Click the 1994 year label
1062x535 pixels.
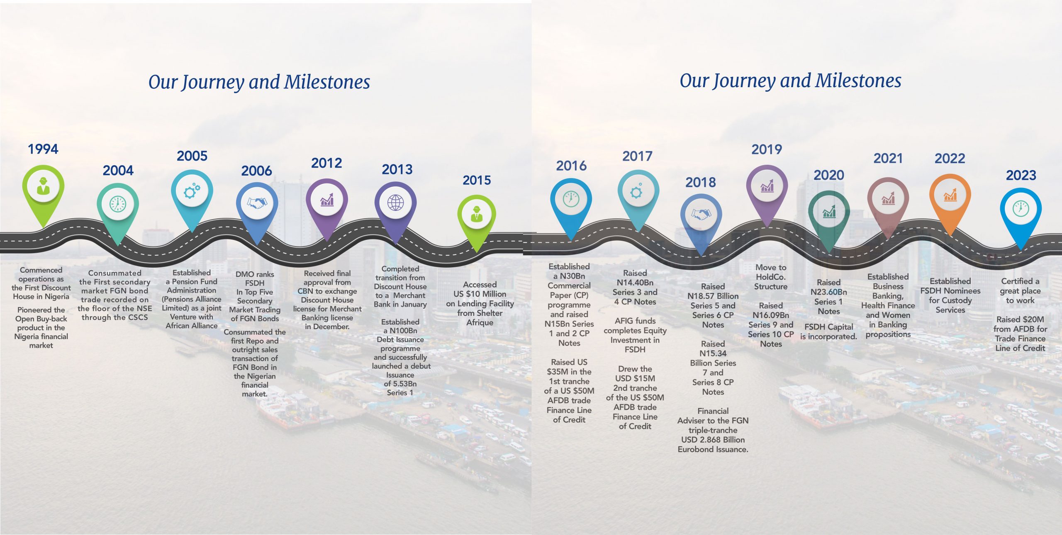point(43,149)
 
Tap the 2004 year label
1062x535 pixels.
point(118,170)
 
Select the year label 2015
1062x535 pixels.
point(477,180)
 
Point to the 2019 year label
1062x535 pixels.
point(767,149)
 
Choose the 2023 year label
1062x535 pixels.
point(1021,175)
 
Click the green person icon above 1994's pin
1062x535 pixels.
point(43,186)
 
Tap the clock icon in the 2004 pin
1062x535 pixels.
point(118,204)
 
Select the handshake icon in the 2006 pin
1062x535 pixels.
point(257,203)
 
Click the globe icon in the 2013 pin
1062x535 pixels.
point(395,203)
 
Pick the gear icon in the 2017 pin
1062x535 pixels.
point(636,191)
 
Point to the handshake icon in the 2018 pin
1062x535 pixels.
point(701,214)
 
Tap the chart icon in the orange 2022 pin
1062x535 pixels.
point(950,195)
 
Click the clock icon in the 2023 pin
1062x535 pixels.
point(1021,208)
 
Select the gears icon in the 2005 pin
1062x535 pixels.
point(192,191)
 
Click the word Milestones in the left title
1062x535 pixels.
point(327,82)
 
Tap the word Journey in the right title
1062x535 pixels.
point(744,81)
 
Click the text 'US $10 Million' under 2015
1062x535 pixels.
point(480,294)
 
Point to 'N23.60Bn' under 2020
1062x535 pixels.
point(829,292)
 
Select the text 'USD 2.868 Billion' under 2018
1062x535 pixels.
point(713,440)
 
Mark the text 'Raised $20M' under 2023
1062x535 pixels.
point(1020,320)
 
